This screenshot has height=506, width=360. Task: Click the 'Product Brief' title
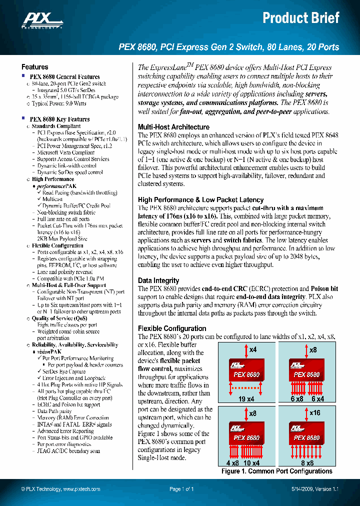click(x=301, y=18)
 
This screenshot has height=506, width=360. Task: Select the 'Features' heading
click(x=35, y=67)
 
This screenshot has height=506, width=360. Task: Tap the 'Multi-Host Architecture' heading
click(x=173, y=127)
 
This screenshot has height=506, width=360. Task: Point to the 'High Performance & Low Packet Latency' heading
click(x=200, y=200)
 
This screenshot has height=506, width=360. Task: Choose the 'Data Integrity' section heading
click(x=158, y=280)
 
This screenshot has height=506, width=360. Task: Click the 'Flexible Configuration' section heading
click(x=172, y=328)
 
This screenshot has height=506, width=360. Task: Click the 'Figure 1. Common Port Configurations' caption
click(x=276, y=471)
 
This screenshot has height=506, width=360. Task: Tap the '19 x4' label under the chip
click(x=246, y=399)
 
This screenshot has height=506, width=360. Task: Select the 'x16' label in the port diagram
click(x=315, y=413)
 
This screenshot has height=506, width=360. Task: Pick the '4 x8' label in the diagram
click(x=232, y=463)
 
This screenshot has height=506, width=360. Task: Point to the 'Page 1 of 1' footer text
click(x=181, y=489)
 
